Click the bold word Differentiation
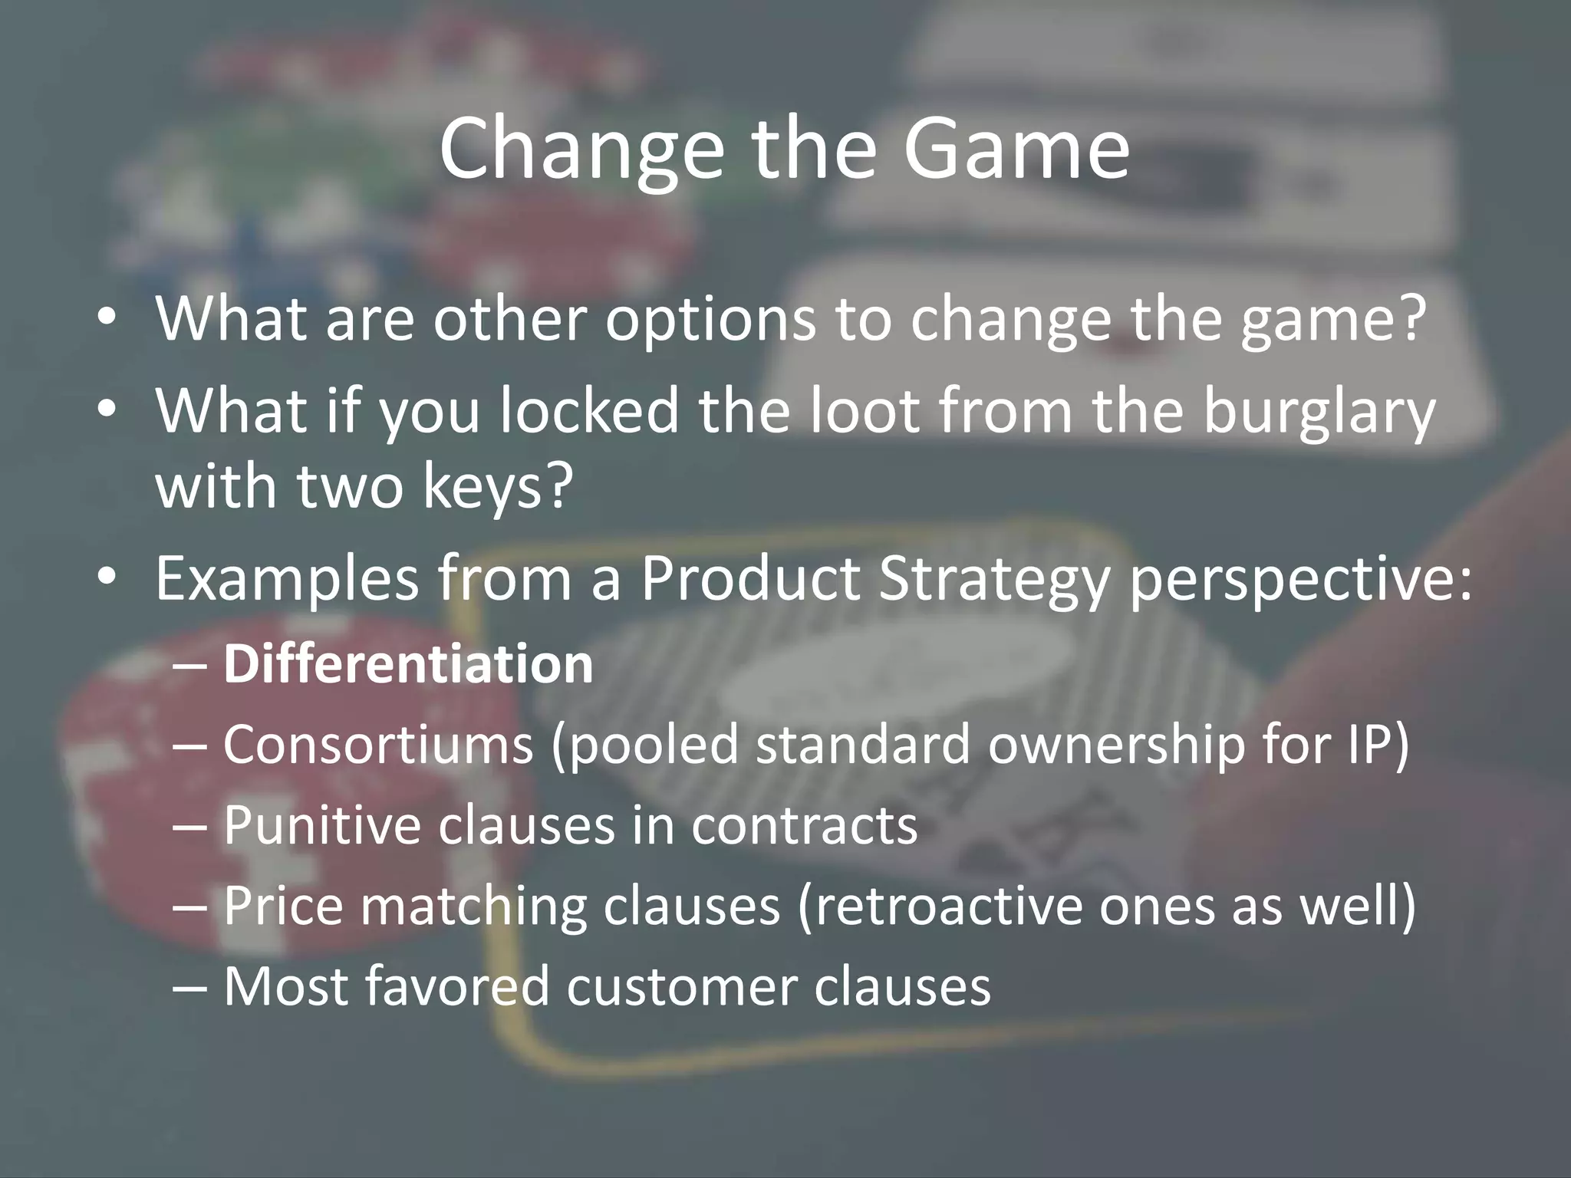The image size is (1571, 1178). [408, 664]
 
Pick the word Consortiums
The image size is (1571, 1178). [377, 745]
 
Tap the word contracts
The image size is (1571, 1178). [804, 825]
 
